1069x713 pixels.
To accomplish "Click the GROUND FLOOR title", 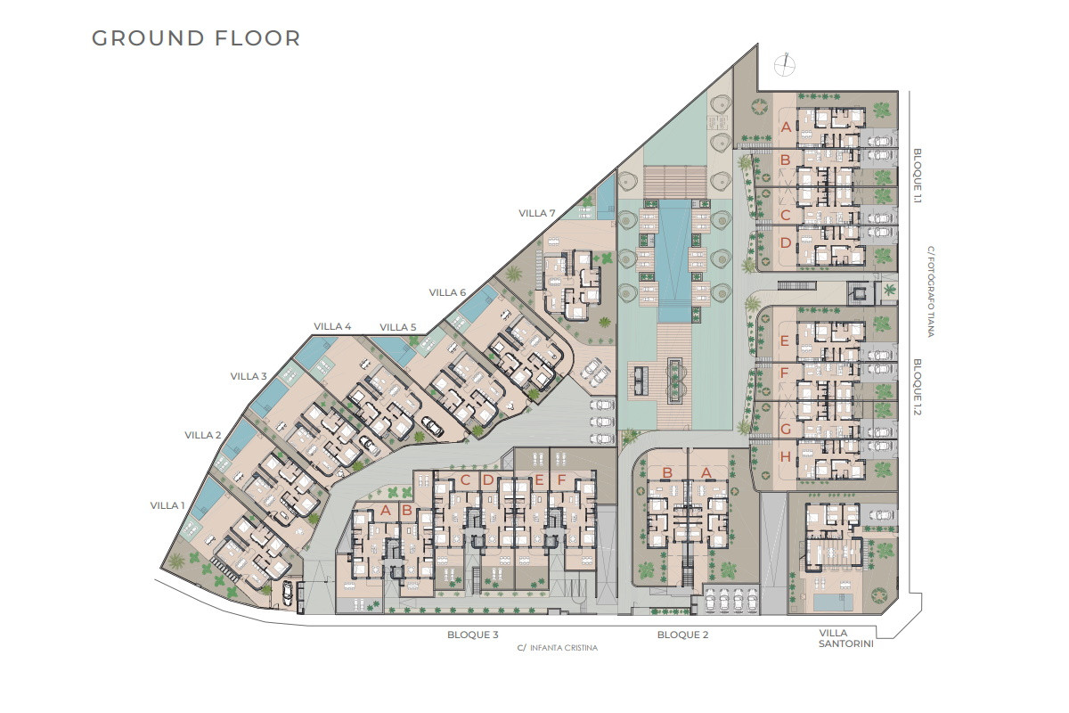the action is click(196, 38).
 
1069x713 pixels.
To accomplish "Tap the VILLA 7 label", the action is click(537, 214).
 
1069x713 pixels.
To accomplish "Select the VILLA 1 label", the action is click(167, 505).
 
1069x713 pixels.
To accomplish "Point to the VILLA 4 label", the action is click(332, 327).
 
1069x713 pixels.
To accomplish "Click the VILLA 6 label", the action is click(447, 292).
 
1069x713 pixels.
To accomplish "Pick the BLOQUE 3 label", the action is click(472, 635).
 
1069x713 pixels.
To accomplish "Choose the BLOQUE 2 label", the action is click(682, 635).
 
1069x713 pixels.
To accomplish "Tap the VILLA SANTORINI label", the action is click(845, 638).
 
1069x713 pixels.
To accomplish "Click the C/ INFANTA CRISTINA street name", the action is click(557, 648).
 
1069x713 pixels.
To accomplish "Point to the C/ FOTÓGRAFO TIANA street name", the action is click(931, 291).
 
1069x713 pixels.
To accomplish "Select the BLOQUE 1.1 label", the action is click(918, 176).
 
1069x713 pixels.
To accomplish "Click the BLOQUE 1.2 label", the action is click(918, 387).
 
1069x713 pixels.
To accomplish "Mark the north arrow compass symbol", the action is click(785, 64).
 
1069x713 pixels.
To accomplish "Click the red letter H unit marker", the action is click(785, 457).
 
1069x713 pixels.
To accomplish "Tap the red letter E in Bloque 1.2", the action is click(784, 341).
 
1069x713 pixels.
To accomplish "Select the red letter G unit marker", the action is click(786, 430).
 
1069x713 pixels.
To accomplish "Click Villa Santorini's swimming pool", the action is click(833, 602).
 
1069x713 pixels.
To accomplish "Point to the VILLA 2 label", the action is click(203, 436).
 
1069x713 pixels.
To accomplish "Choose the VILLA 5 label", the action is click(398, 328).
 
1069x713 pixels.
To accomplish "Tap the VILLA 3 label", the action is click(249, 376).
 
